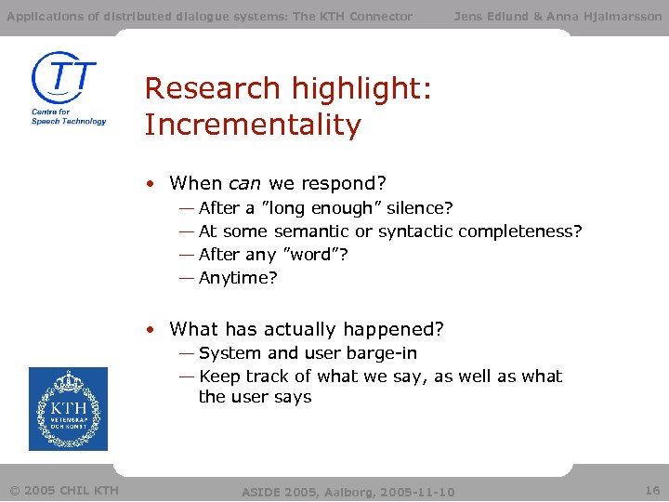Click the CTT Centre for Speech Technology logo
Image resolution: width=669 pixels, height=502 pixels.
coord(68,88)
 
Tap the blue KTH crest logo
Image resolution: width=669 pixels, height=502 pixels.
coord(68,409)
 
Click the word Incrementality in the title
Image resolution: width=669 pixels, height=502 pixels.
coord(253,125)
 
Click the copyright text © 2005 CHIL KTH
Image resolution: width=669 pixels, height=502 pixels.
coord(64,490)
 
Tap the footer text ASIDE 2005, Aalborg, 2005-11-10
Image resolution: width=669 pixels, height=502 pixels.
coord(348,491)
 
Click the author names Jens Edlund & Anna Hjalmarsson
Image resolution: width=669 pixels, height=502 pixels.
coord(557,16)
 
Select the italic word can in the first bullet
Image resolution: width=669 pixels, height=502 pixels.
coord(244,183)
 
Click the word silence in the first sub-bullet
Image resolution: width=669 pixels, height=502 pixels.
coord(416,207)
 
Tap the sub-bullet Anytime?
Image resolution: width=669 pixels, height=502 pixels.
coord(238,277)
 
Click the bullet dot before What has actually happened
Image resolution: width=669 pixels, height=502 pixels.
coord(150,329)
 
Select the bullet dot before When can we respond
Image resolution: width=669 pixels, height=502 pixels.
coord(150,183)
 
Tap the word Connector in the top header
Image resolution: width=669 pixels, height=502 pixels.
coord(381,16)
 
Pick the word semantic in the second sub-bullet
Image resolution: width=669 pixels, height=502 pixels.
coord(310,231)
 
